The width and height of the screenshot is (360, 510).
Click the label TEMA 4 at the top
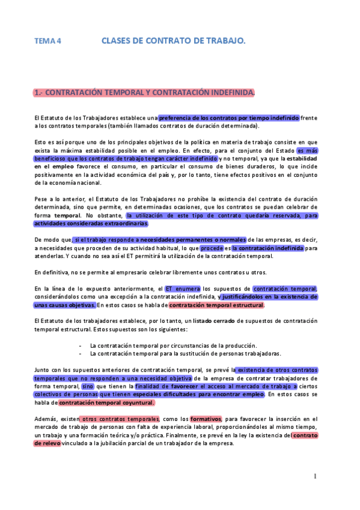[x=47, y=41]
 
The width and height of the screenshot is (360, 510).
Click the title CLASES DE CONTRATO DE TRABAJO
[x=173, y=41]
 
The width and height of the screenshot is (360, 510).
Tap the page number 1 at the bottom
[x=314, y=476]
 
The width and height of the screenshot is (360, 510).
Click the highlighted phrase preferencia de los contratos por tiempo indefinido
[x=228, y=118]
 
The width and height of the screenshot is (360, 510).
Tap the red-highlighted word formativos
[x=206, y=419]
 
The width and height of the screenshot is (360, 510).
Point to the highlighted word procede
[x=212, y=248]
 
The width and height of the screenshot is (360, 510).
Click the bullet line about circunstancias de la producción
[x=173, y=346]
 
